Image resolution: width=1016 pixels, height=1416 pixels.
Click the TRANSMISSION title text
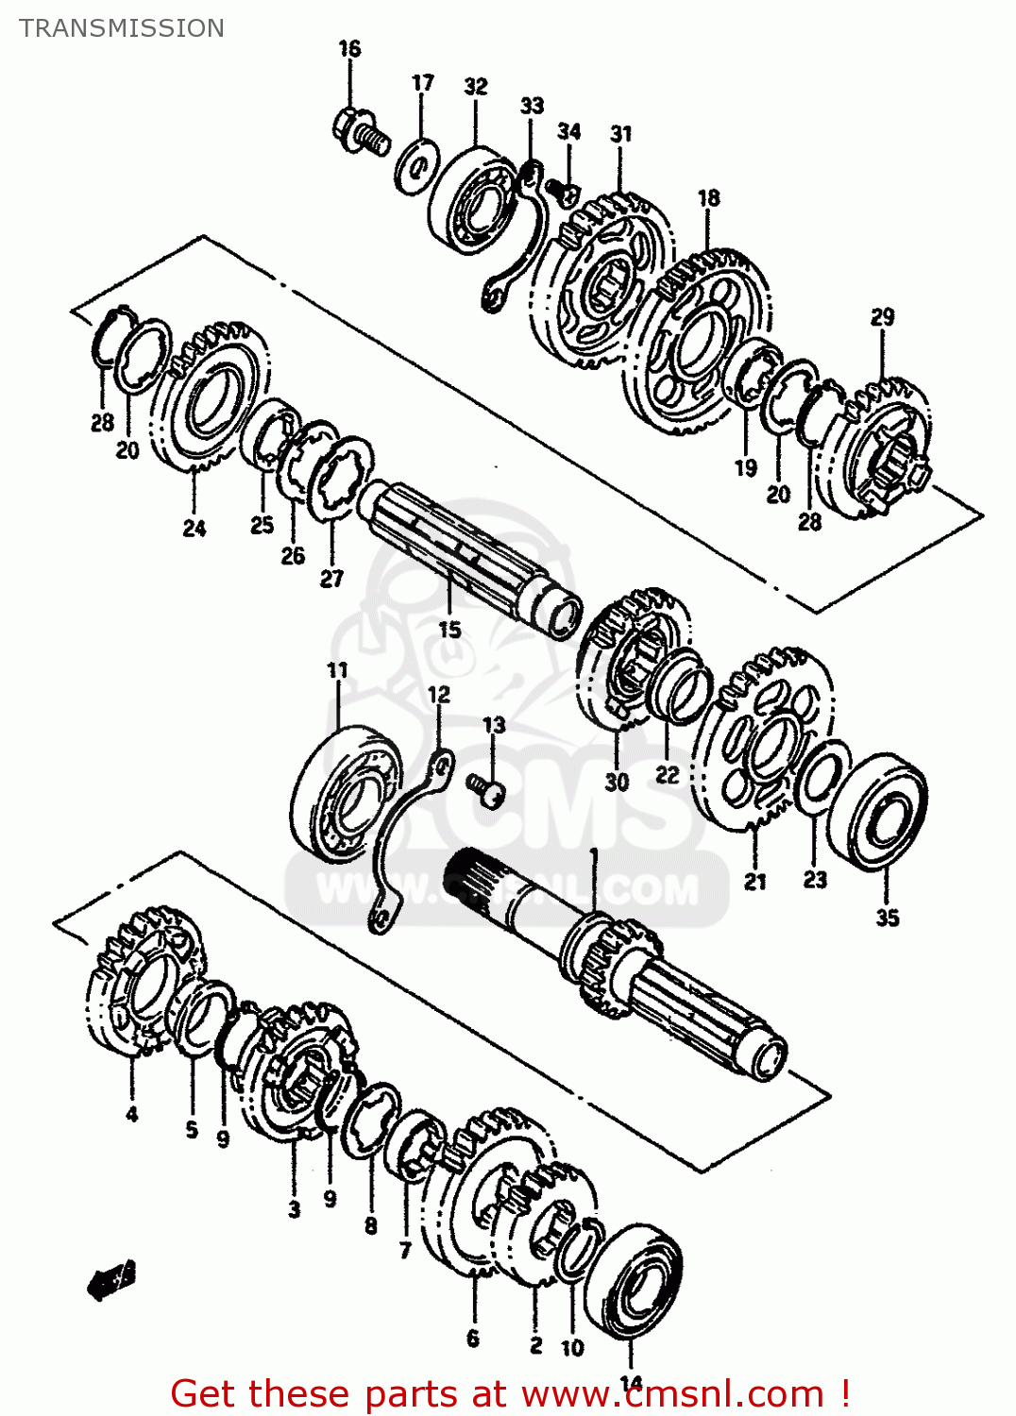pos(122,28)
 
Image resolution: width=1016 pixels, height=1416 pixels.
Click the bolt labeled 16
pos(360,132)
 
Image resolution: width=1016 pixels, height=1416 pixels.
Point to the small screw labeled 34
pos(566,193)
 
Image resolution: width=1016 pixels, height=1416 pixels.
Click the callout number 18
pos(708,198)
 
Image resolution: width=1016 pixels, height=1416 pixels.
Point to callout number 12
pos(439,696)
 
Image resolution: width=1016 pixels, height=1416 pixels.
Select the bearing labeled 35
pos(878,812)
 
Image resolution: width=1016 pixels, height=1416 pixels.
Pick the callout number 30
pos(617,783)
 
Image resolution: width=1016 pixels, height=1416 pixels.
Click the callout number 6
pos(473,1339)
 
